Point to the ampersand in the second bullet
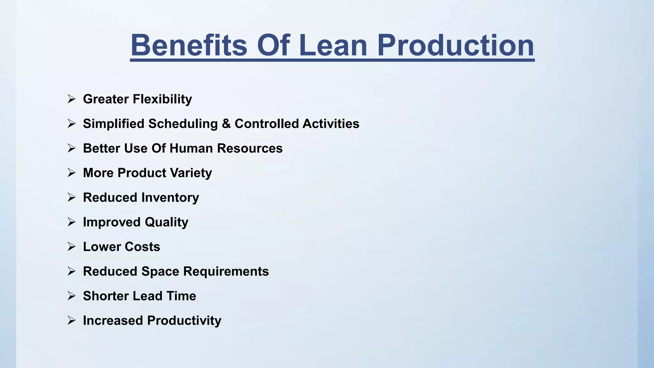click(x=226, y=124)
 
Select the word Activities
click(x=331, y=124)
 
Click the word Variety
click(x=191, y=173)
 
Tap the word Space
click(x=160, y=272)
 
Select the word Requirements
click(x=226, y=272)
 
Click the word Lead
click(x=147, y=296)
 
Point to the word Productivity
click(x=184, y=321)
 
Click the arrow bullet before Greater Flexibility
click(x=72, y=99)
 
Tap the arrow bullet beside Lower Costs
click(x=72, y=247)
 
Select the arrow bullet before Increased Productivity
click(x=72, y=320)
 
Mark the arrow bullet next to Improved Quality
click(x=72, y=222)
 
